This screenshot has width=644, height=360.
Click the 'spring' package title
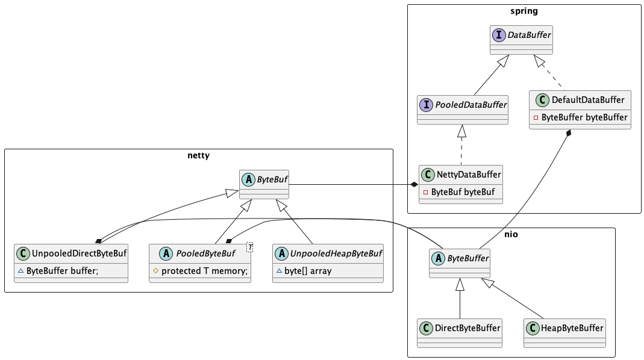[524, 11]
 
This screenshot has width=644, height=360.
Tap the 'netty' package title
[198, 155]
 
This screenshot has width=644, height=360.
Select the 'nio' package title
[511, 234]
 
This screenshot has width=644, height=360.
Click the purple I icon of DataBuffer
[499, 35]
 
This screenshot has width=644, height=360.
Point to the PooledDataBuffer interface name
[470, 105]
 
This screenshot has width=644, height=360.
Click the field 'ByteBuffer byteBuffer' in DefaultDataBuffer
[584, 117]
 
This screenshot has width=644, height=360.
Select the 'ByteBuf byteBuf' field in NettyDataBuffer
[463, 192]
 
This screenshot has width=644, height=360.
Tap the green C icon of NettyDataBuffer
[428, 175]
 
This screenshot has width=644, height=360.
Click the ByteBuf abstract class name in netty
[272, 179]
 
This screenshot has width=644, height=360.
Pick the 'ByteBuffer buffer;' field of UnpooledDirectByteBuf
[63, 271]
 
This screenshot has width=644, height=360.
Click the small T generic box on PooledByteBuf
[250, 247]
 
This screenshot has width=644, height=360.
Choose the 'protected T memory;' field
[205, 271]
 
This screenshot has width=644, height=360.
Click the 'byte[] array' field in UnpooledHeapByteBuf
[308, 271]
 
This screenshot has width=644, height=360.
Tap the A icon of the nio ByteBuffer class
[438, 258]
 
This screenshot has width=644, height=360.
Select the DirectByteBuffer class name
[467, 328]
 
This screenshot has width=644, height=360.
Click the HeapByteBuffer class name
[572, 328]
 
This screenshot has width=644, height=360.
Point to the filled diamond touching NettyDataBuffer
[414, 185]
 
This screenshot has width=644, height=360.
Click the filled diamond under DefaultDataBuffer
[569, 134]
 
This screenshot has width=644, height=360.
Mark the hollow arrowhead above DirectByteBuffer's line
[460, 285]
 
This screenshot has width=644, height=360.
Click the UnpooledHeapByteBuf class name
[336, 253]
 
